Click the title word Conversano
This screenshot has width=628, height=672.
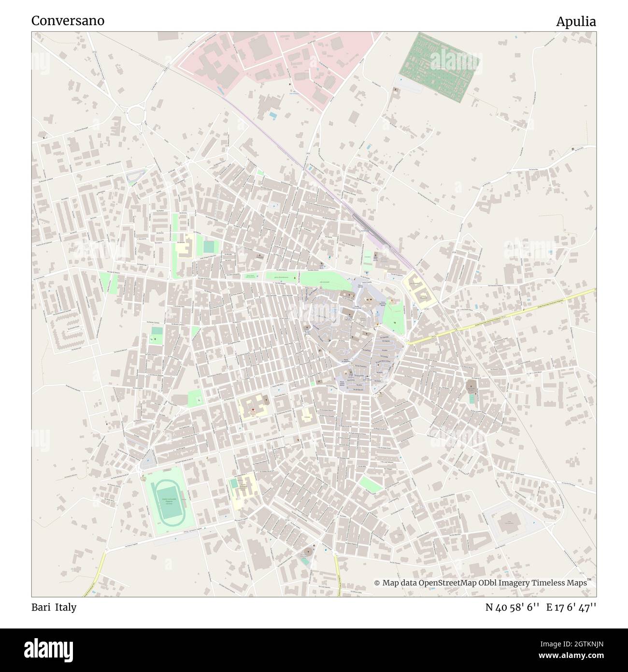pos(68,21)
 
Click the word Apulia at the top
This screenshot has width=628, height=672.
pos(576,22)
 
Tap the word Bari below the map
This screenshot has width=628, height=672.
pos(41,607)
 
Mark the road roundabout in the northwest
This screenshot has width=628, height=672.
pos(136,115)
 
